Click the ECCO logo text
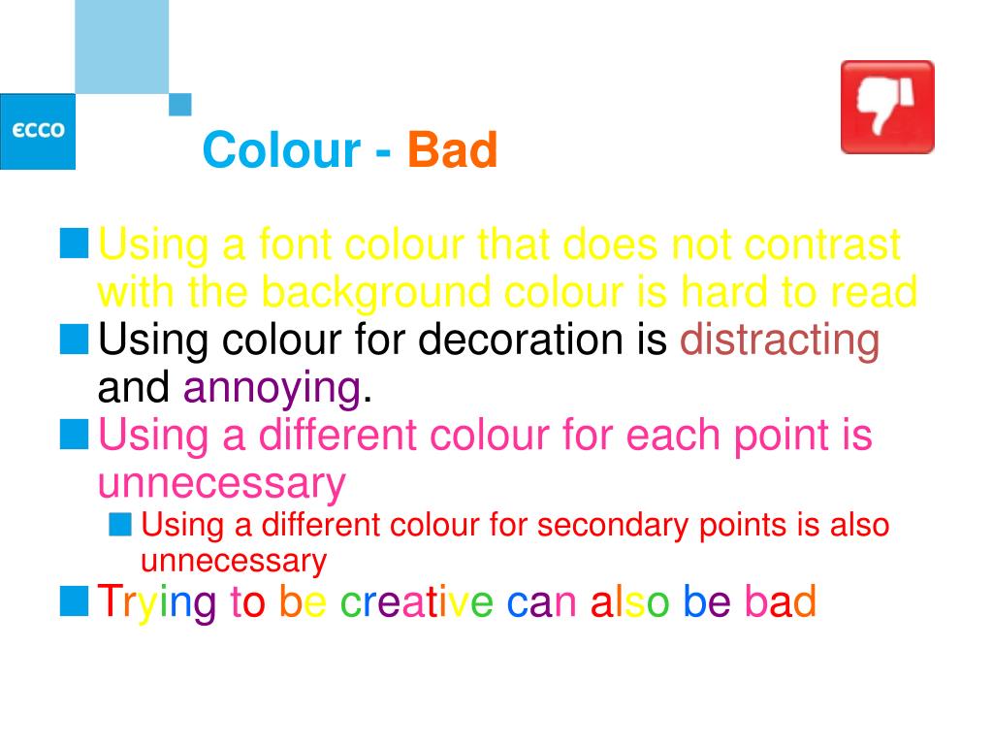pos(38,130)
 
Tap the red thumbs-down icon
pos(887,107)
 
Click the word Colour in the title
pos(282,150)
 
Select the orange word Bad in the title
pos(452,150)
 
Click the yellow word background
pos(376,293)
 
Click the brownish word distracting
pos(780,341)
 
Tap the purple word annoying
pos(272,388)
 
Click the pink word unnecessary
pos(222,484)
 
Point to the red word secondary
pos(613,526)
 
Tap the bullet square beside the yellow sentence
pos(74,243)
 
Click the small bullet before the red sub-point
pos(119,525)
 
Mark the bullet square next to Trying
pos(74,601)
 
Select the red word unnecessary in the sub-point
pos(234,562)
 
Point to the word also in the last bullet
pos(629,601)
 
